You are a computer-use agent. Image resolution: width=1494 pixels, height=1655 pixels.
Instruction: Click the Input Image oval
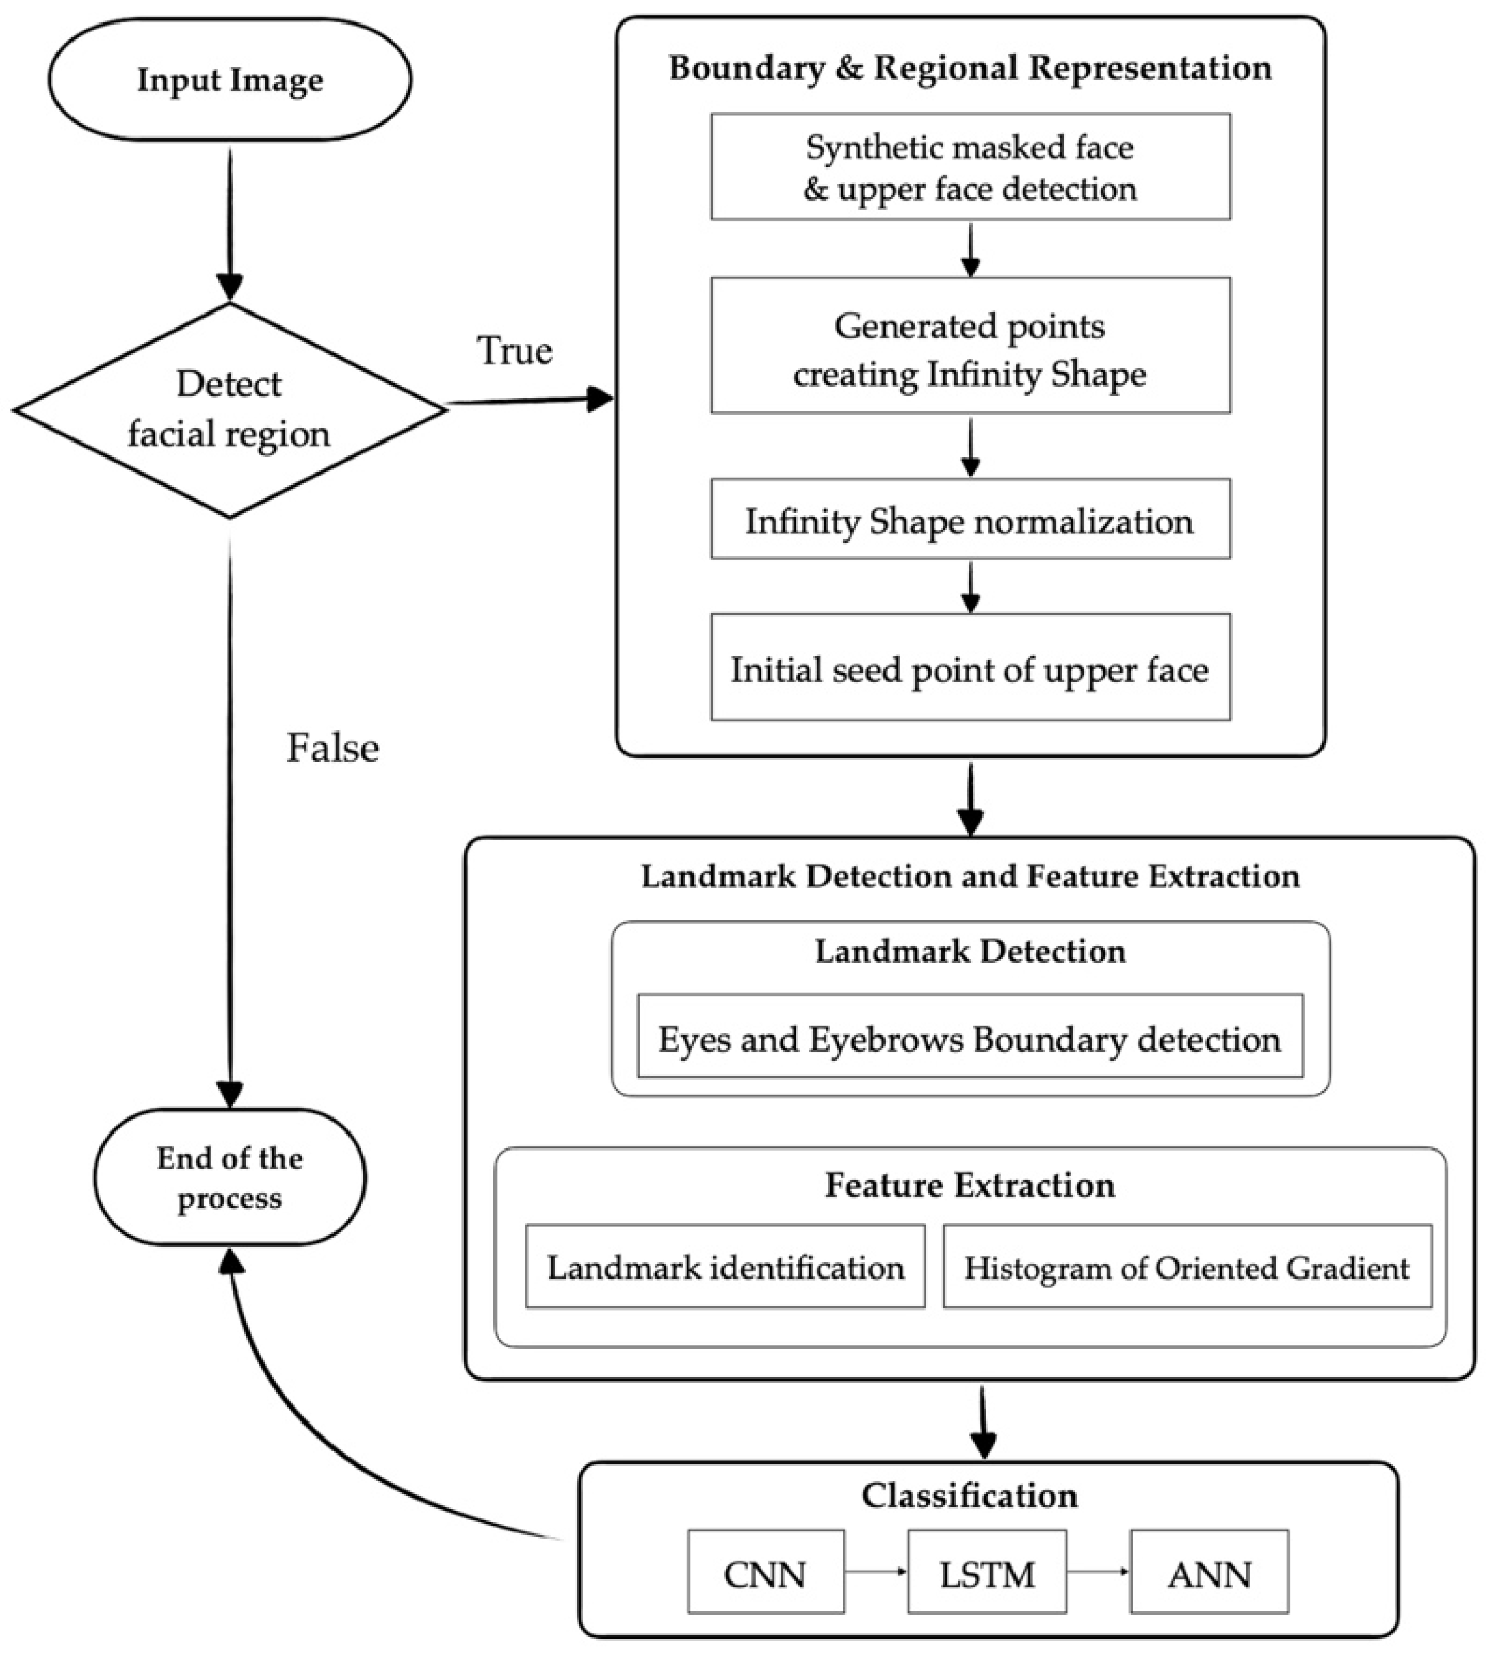click(230, 80)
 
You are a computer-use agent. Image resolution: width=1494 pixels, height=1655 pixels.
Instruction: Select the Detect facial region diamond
click(230, 410)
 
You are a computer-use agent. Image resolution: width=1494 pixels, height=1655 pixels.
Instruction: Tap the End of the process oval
click(230, 1177)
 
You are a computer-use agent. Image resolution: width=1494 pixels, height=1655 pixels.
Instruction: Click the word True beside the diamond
click(515, 351)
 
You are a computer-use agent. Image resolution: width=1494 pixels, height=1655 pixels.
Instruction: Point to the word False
click(332, 748)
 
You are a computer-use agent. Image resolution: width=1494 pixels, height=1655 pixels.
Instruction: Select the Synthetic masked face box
click(971, 167)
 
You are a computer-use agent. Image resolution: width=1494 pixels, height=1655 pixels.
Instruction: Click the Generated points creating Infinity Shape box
click(971, 346)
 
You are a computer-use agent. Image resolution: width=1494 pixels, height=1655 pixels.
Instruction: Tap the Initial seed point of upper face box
click(971, 669)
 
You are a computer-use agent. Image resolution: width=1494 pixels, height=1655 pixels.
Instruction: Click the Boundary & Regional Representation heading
click(971, 68)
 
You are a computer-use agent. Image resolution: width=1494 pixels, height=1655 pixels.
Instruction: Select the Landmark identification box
click(726, 1268)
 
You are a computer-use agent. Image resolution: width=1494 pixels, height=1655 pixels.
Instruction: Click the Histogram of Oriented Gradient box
click(1187, 1268)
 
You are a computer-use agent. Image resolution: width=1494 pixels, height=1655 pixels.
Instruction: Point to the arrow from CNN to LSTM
click(876, 1571)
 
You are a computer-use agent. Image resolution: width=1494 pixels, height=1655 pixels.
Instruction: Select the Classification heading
click(971, 1495)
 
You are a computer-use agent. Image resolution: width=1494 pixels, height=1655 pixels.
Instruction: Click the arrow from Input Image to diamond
click(230, 222)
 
